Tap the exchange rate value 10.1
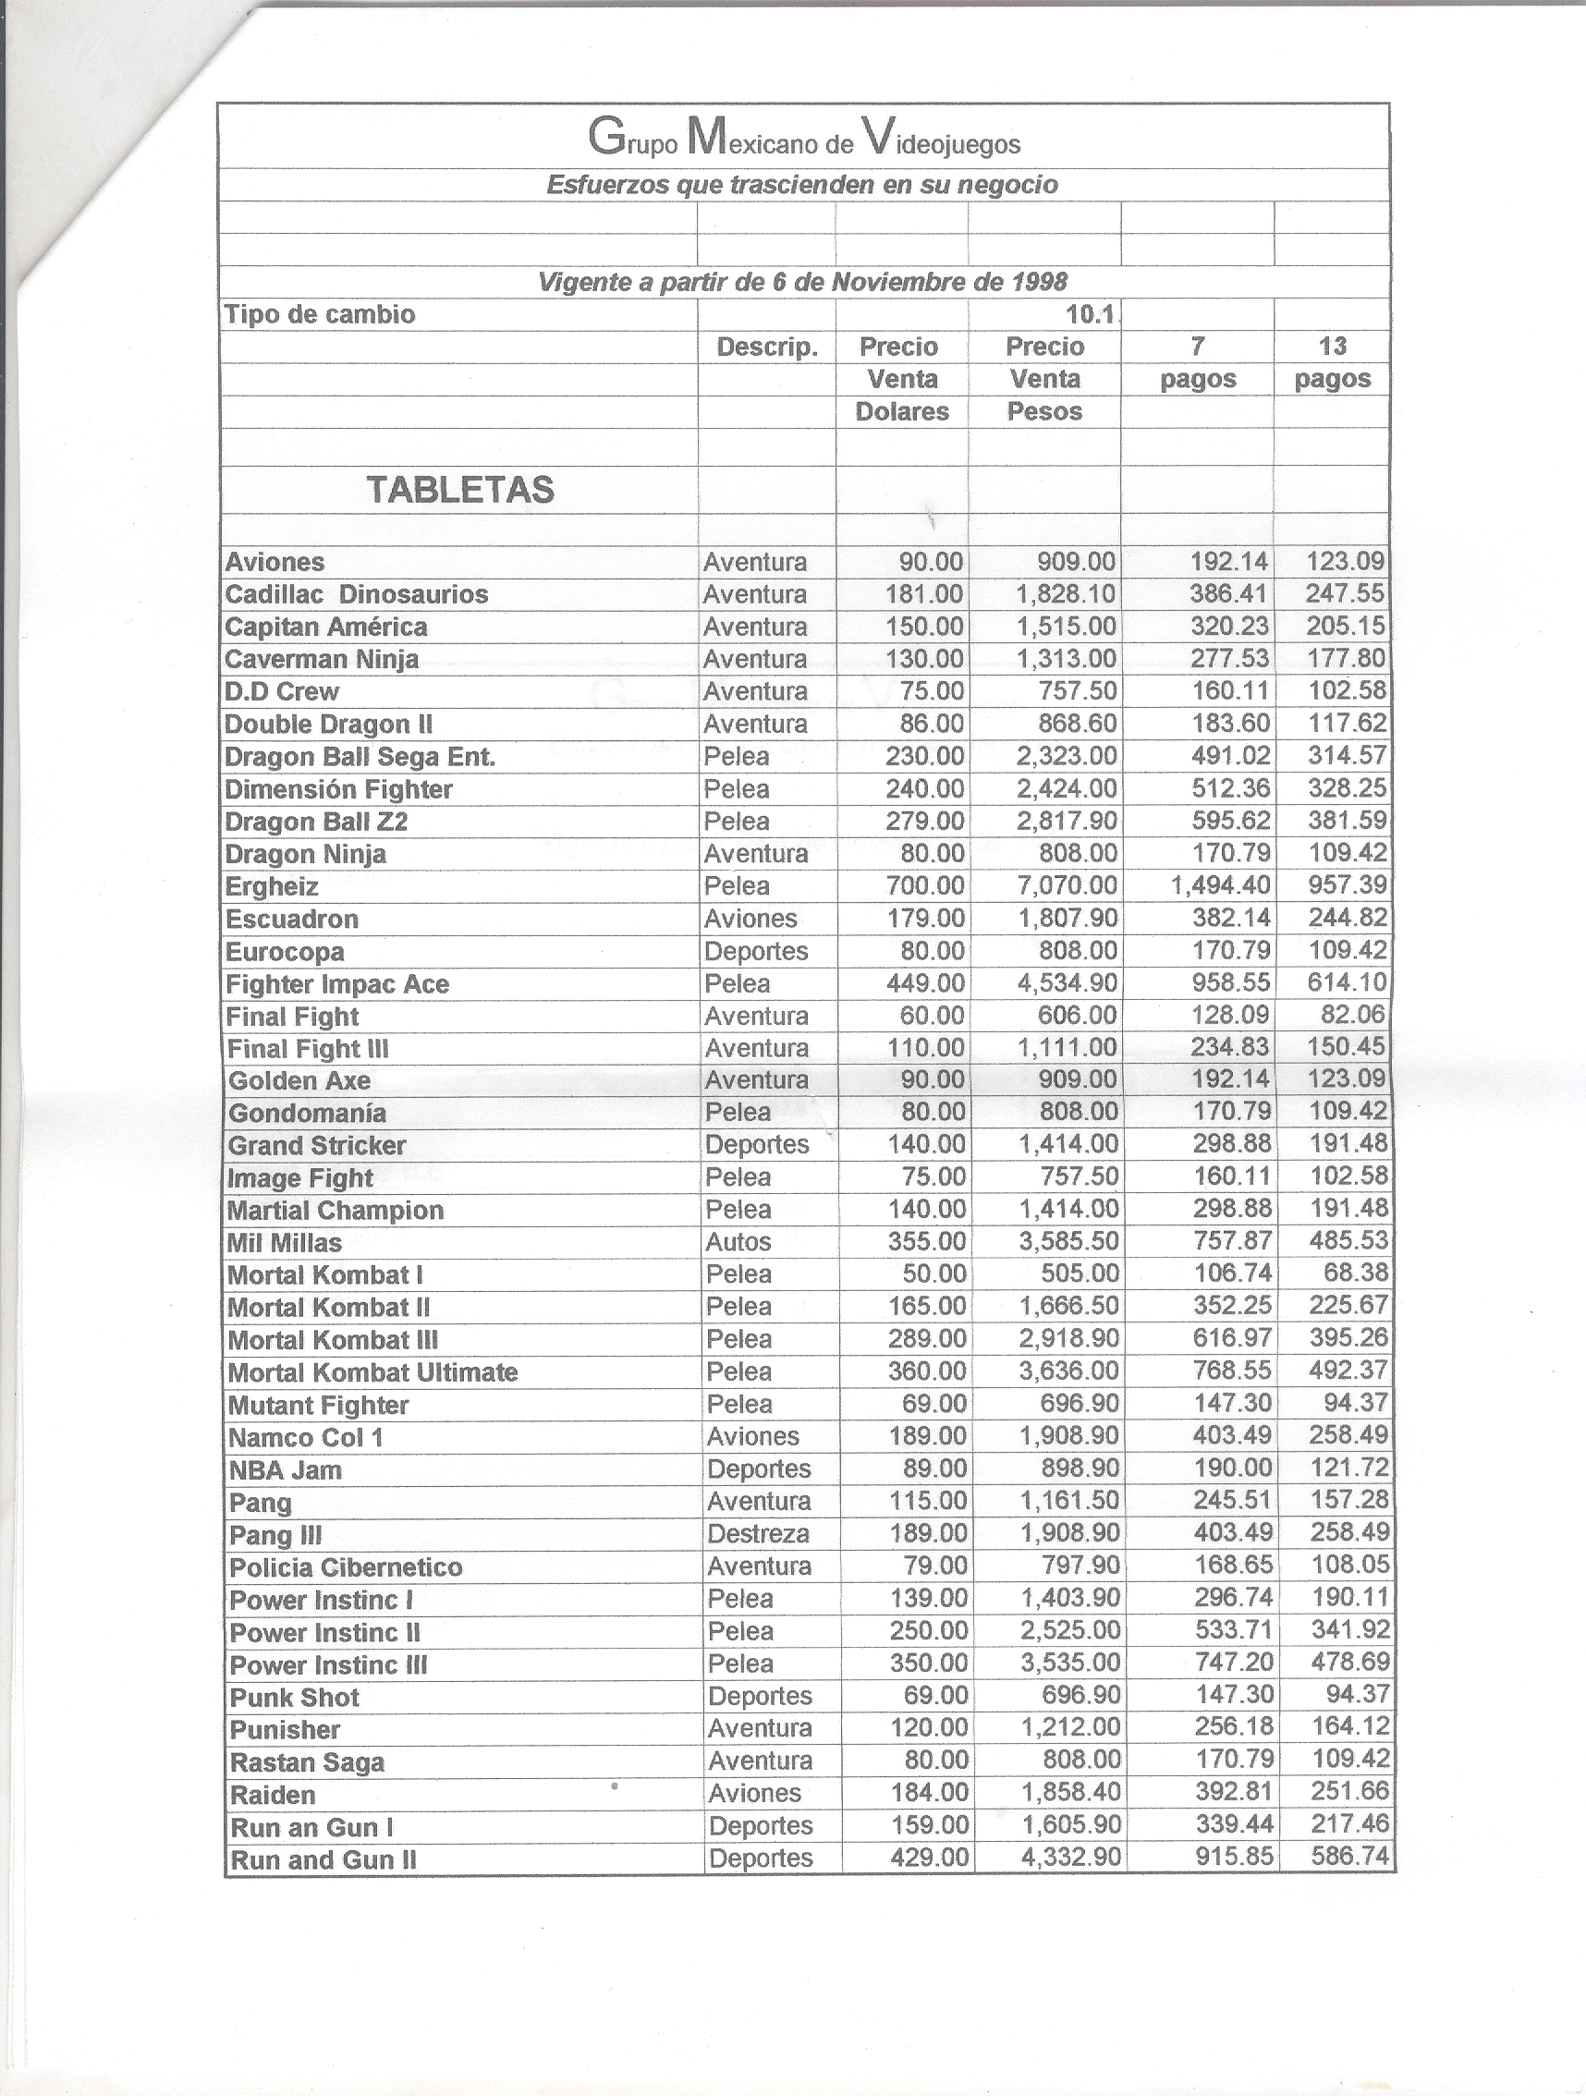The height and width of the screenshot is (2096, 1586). pyautogui.click(x=1091, y=313)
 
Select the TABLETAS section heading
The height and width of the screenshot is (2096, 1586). pyautogui.click(x=459, y=490)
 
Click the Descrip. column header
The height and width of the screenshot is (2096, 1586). pyautogui.click(x=766, y=347)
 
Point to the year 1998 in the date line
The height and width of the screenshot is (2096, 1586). pyautogui.click(x=1040, y=282)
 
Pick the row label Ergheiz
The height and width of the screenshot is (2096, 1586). pyautogui.click(x=271, y=887)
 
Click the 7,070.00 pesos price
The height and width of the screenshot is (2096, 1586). pyautogui.click(x=1067, y=886)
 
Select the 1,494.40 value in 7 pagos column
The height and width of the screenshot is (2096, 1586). pyautogui.click(x=1220, y=886)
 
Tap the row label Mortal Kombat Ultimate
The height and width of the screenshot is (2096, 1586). pyautogui.click(x=372, y=1373)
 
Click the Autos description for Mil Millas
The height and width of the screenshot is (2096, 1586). pyautogui.click(x=738, y=1241)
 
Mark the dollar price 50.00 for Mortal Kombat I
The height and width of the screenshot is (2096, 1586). pyautogui.click(x=933, y=1273)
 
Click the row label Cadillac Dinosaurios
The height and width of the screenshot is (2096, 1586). pyautogui.click(x=356, y=594)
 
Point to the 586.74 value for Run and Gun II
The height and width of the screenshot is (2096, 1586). pyautogui.click(x=1349, y=1857)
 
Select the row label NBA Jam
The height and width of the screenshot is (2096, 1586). pyautogui.click(x=285, y=1470)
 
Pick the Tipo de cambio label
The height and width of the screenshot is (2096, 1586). pyautogui.click(x=319, y=314)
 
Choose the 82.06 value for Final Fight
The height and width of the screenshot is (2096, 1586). pyautogui.click(x=1353, y=1015)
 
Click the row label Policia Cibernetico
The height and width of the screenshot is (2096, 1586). pyautogui.click(x=346, y=1567)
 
